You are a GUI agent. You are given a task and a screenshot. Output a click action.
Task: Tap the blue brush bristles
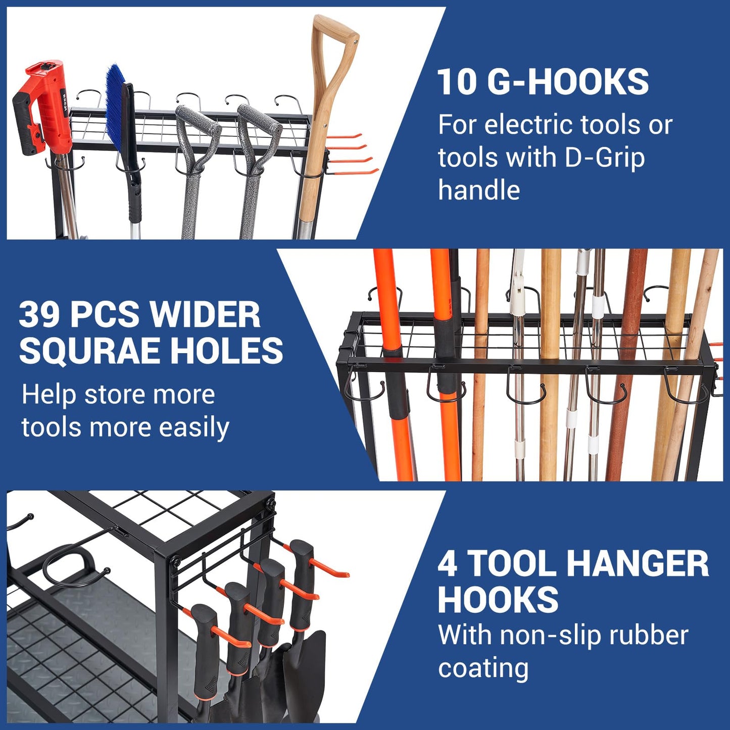pos(115,101)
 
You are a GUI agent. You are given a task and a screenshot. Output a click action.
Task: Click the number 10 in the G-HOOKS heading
pos(456,82)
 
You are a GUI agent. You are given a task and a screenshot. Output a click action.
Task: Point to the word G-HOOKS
pos(568,82)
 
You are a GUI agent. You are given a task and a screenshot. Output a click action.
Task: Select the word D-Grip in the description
pos(604,158)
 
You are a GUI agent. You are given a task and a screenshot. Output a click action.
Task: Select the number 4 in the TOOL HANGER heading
pos(448,564)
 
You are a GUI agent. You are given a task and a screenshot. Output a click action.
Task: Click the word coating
pos(483,668)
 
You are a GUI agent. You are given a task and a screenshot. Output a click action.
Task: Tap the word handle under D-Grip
pos(478,190)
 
